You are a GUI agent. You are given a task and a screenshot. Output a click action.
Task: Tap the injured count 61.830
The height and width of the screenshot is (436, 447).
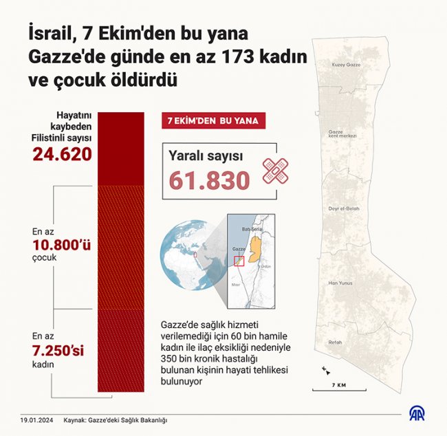(210, 180)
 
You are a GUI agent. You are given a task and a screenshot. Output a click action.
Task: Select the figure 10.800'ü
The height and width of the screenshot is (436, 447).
(63, 245)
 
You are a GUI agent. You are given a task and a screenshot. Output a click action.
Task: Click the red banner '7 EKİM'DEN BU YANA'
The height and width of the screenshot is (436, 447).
(212, 121)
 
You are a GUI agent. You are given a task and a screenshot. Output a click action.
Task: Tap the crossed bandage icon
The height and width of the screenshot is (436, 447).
(276, 171)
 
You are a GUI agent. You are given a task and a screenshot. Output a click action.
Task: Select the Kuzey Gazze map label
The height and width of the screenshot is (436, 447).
(347, 64)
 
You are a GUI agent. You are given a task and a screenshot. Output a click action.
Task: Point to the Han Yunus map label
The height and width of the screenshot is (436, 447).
(341, 283)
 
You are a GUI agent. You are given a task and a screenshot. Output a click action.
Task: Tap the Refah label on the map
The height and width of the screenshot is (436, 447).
(335, 342)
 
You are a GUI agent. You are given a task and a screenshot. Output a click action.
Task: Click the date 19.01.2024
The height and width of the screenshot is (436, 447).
(34, 419)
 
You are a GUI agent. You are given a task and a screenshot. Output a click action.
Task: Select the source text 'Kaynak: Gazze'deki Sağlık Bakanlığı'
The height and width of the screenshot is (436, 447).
(116, 419)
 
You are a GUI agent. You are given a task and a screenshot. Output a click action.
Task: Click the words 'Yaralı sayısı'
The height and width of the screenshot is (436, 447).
(206, 156)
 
